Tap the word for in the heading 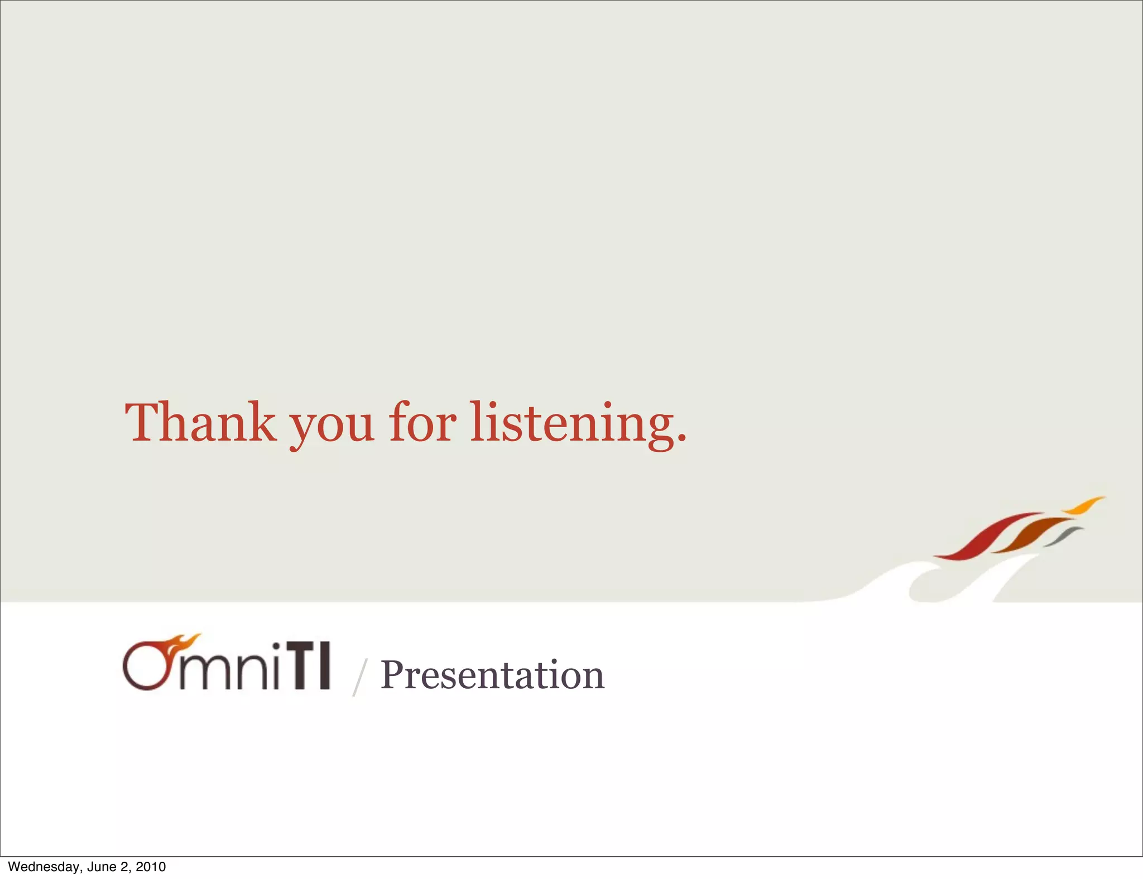coord(422,422)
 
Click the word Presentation coord(492,675)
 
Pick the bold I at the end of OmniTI coord(323,666)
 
